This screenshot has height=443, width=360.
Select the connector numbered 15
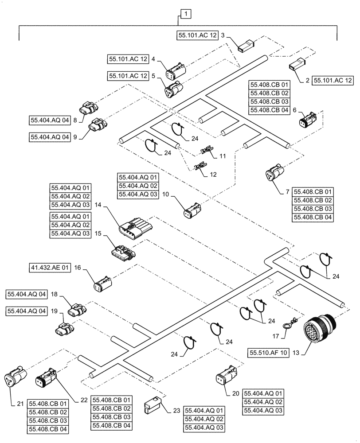[124, 253]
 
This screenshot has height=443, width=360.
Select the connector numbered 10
[193, 210]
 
